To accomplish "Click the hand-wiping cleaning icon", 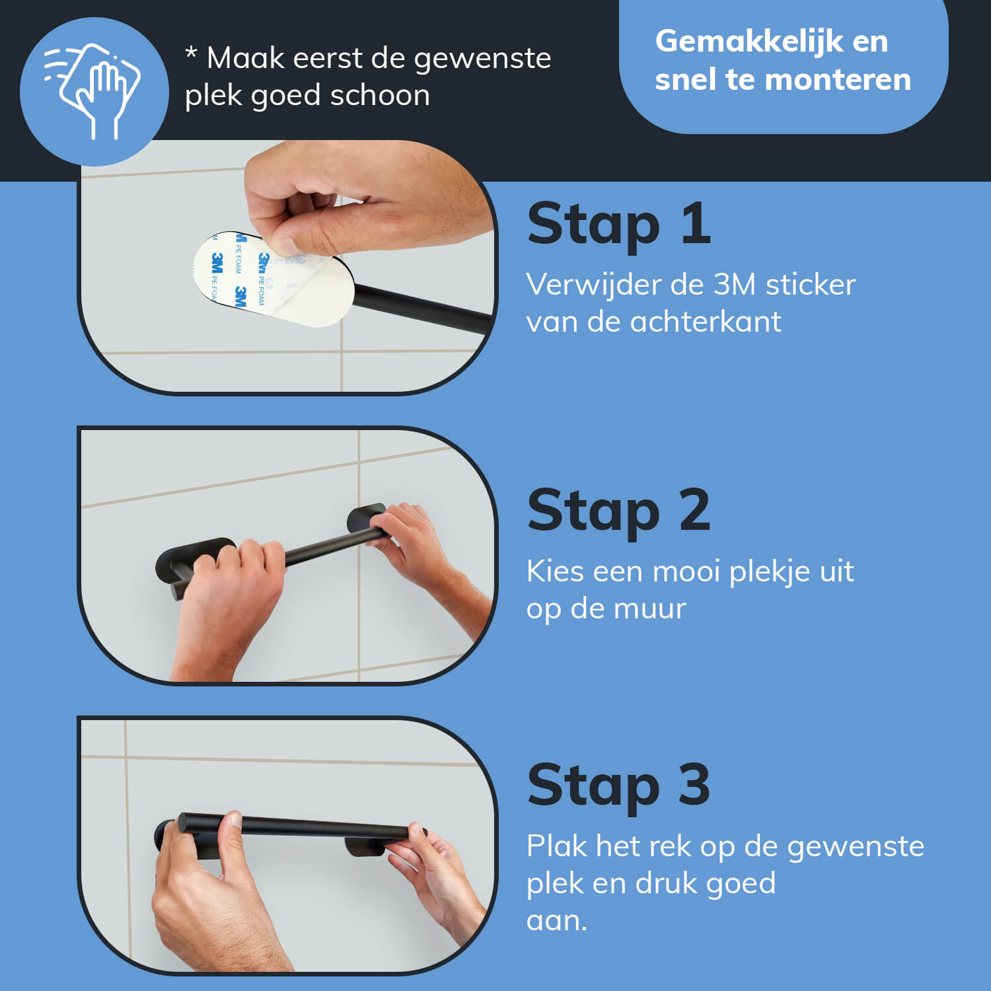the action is point(92,91).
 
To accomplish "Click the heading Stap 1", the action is point(619,225).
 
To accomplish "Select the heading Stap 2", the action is point(619,511).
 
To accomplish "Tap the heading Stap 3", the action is point(619,786).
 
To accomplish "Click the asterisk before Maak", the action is point(191,53).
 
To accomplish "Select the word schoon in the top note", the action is point(380,95).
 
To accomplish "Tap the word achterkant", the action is point(706,322).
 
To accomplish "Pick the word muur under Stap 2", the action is point(649,609).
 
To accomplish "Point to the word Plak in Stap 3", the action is point(557,846).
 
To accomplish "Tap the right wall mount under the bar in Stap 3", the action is point(365,847).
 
